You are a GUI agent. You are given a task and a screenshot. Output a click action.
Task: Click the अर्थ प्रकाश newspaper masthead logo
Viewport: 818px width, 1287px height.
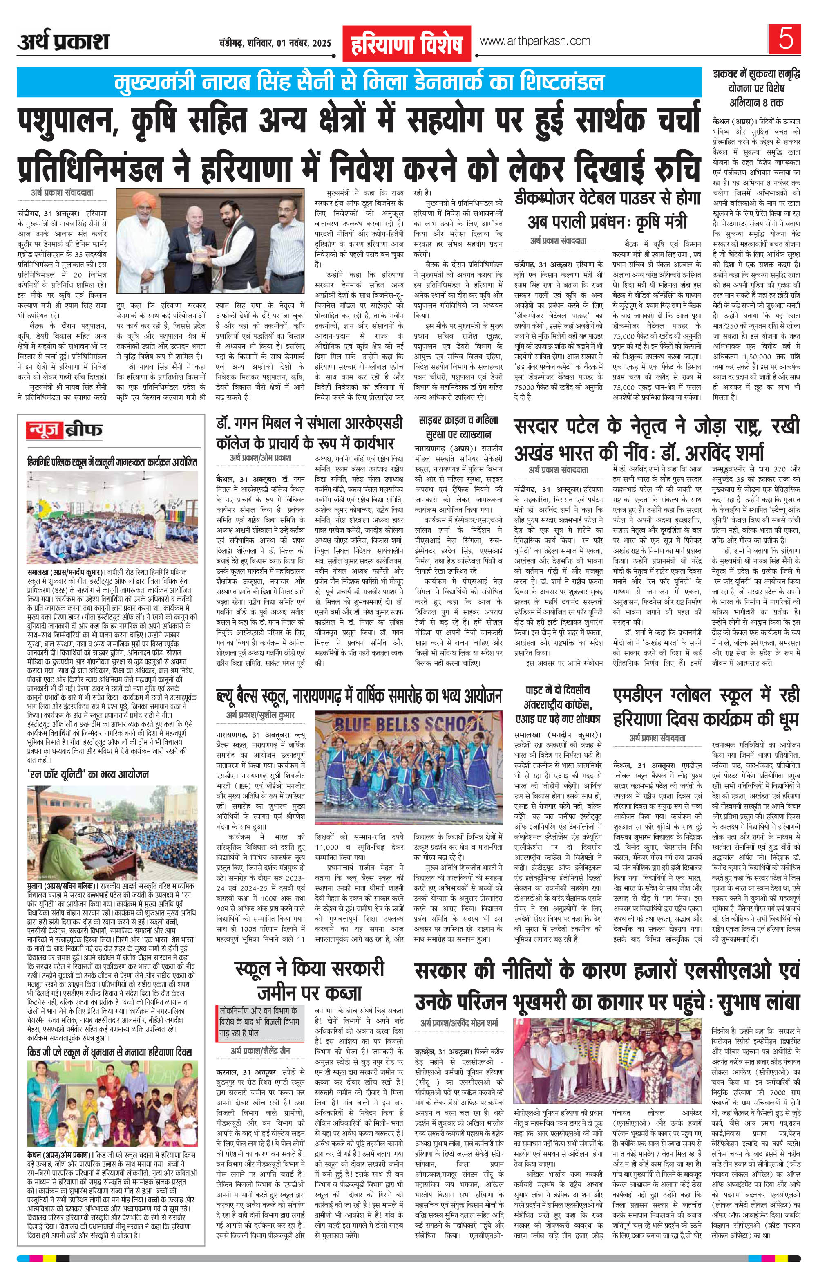tap(63, 42)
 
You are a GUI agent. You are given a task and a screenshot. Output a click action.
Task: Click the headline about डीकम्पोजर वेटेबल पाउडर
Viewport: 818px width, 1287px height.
tap(607, 209)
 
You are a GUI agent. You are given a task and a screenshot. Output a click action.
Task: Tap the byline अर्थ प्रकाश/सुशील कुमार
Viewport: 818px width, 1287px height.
tap(260, 715)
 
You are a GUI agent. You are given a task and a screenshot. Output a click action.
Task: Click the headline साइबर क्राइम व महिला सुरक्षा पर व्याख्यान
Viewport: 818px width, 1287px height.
tap(458, 426)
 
